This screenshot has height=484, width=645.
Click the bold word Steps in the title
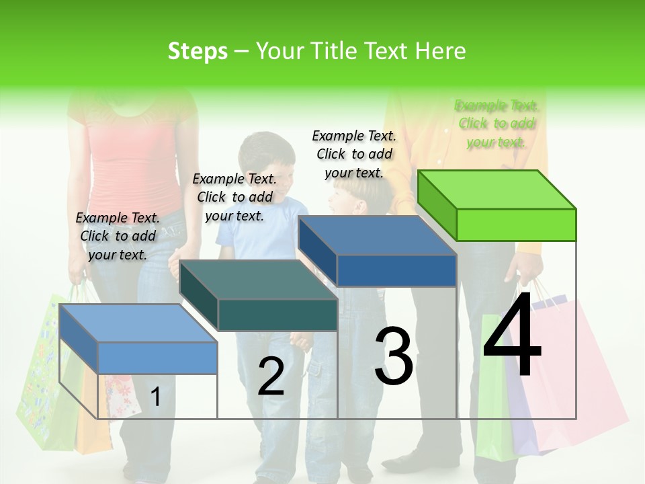(x=198, y=51)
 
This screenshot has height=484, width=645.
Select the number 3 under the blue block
(x=393, y=356)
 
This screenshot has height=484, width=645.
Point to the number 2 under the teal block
(x=271, y=376)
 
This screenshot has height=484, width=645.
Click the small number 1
(x=155, y=397)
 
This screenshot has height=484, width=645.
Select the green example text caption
(x=497, y=124)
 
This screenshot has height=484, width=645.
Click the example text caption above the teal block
(x=234, y=197)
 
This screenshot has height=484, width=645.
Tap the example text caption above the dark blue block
(x=354, y=154)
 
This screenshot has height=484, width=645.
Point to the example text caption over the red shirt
(x=118, y=236)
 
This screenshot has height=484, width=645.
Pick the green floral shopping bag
(x=44, y=376)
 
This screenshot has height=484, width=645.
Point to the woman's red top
(x=128, y=161)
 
